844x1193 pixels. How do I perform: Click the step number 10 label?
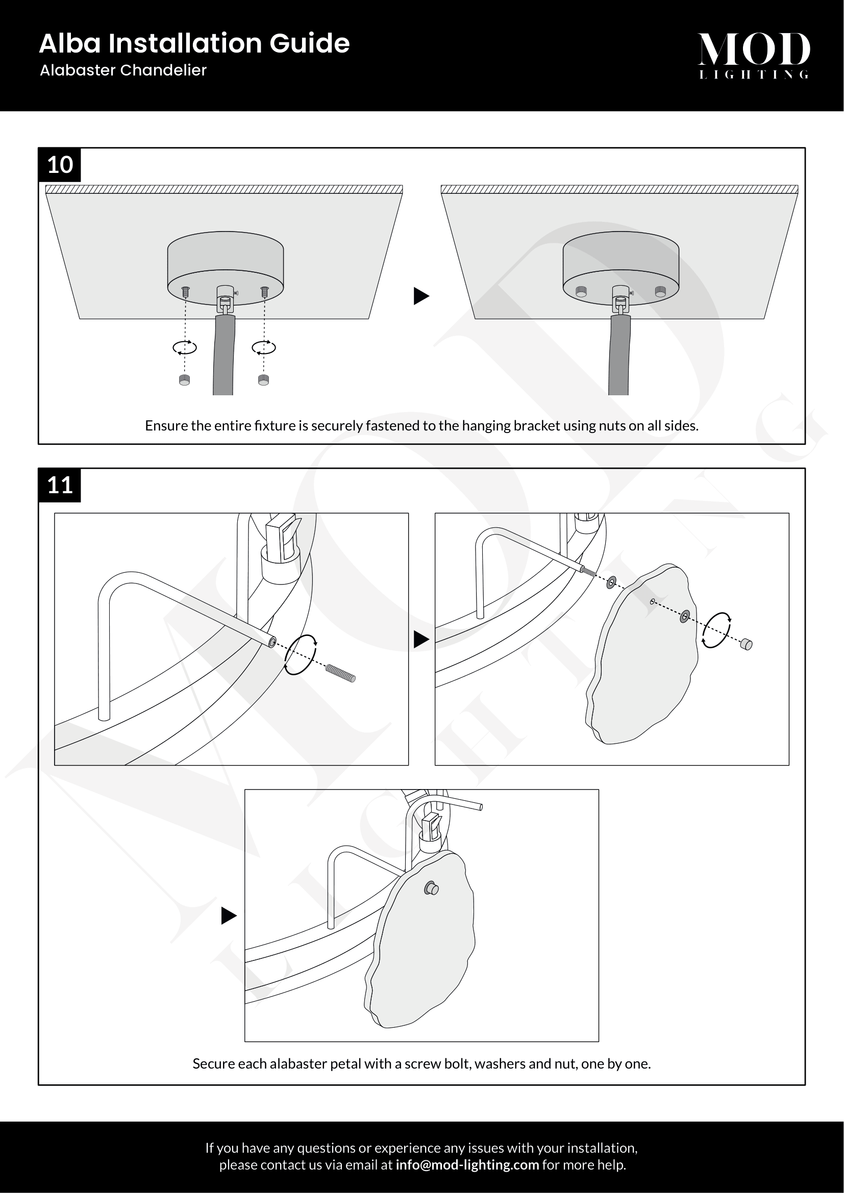coord(60,165)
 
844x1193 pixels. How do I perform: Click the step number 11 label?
coord(60,485)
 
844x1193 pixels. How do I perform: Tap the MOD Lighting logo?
coord(753,55)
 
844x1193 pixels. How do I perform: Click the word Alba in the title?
coord(69,43)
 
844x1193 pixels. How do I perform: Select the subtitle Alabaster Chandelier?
coord(123,70)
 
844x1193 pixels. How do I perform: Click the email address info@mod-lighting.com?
coord(467,1164)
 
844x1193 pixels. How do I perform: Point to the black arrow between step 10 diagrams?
coord(420,296)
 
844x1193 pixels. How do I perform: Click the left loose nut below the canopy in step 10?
coord(185,380)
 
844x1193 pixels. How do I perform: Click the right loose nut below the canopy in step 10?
coord(263,380)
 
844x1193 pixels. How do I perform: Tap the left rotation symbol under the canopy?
coord(185,348)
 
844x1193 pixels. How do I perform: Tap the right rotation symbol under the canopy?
coord(263,348)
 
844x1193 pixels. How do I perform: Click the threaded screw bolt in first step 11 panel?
coord(340,673)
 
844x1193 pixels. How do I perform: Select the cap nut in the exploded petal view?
coord(747,644)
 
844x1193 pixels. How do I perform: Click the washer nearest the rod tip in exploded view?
coord(611,582)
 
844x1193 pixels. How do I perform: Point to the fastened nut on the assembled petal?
coord(431,889)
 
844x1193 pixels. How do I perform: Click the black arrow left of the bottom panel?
coord(228,916)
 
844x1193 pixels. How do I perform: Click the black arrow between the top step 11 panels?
coord(420,639)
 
